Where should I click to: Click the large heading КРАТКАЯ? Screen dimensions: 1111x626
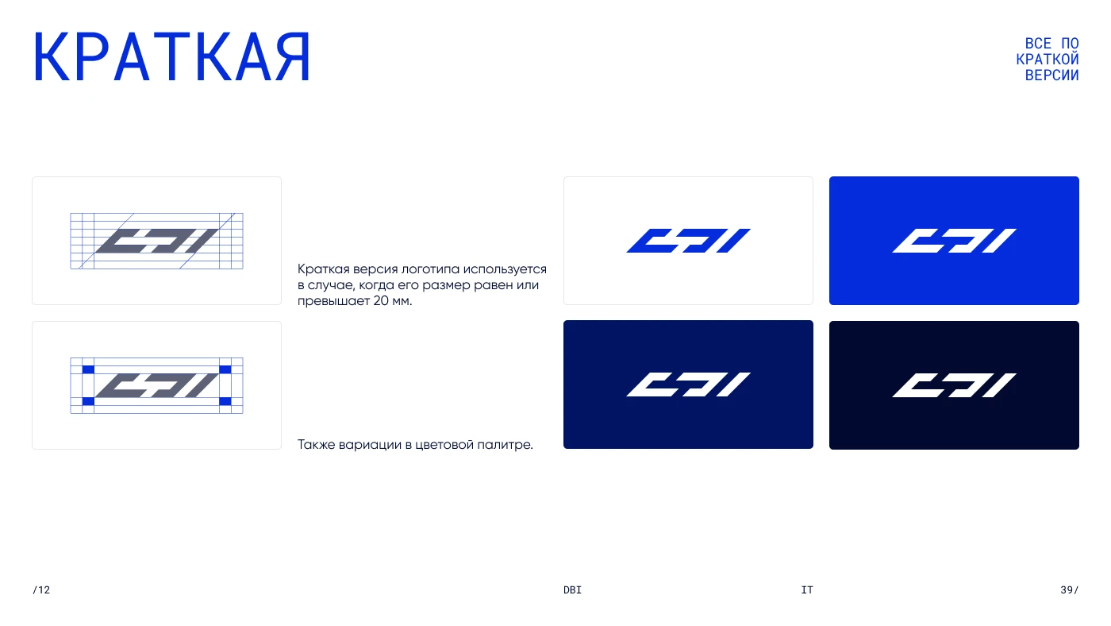click(171, 56)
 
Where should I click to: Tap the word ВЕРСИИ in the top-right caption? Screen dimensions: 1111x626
click(1051, 75)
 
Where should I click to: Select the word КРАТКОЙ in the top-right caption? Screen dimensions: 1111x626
click(1047, 59)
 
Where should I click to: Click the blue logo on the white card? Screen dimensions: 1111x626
click(689, 241)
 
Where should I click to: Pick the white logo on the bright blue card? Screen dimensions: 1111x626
click(954, 241)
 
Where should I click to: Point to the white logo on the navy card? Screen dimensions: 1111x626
click(689, 384)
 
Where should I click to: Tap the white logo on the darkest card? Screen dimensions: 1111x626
click(954, 385)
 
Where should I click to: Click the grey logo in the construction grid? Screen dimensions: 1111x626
click(157, 241)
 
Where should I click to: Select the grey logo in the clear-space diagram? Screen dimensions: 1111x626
click(157, 386)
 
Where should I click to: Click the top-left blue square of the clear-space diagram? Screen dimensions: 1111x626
click(88, 369)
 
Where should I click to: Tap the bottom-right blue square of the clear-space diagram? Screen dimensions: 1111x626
click(225, 401)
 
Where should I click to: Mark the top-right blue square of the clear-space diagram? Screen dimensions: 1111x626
click(225, 369)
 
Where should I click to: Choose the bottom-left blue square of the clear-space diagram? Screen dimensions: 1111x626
click(88, 401)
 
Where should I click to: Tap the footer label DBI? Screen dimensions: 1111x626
click(572, 589)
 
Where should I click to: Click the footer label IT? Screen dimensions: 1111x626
click(807, 589)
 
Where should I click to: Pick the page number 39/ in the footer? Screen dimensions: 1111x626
click(1070, 589)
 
